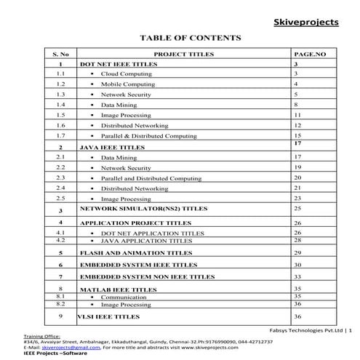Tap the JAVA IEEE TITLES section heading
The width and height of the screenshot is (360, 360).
tap(111, 147)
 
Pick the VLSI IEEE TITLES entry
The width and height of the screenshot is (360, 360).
tap(109, 317)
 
